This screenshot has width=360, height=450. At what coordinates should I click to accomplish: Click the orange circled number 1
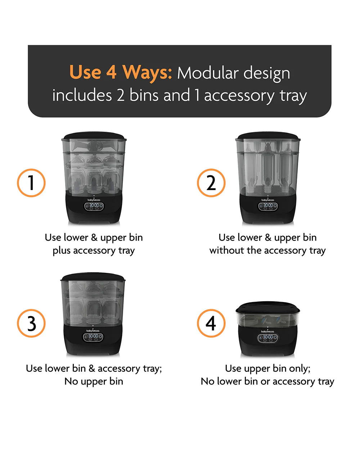[x=31, y=183]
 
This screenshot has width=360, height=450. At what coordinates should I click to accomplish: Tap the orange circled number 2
[x=211, y=183]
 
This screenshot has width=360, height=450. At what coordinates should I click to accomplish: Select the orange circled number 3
[x=31, y=323]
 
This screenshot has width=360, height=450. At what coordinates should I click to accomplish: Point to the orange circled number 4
[x=211, y=323]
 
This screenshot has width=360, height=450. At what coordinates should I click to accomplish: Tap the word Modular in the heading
[x=208, y=73]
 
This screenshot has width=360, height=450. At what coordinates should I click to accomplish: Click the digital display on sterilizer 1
[x=94, y=206]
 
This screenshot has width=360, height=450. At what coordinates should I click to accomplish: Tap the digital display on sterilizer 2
[x=268, y=206]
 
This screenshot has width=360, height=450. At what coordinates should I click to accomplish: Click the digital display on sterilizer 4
[x=268, y=338]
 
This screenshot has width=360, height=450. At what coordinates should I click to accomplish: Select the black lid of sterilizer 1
[x=94, y=135]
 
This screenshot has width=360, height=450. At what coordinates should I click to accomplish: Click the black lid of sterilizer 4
[x=268, y=307]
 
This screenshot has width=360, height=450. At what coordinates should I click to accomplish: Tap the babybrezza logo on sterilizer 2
[x=268, y=200]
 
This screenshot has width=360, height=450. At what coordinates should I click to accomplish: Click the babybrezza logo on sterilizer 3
[x=93, y=330]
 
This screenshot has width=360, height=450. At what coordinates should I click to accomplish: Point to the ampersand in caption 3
[x=92, y=368]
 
